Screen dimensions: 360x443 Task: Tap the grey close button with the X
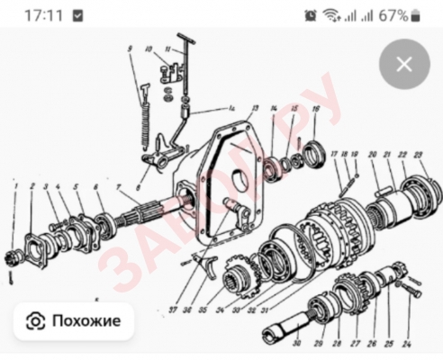click(x=404, y=64)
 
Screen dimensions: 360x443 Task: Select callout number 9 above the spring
click(x=131, y=48)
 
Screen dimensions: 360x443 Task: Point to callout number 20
click(x=373, y=154)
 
